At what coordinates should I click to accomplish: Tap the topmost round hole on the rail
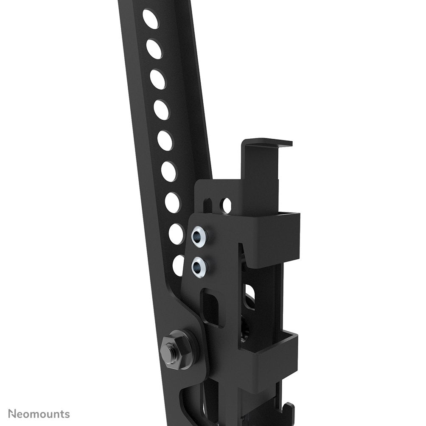[150, 19]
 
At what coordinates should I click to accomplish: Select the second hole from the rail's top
[154, 49]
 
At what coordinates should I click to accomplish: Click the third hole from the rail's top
[157, 79]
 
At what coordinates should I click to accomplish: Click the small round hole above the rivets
[227, 205]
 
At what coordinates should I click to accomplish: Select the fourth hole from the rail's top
[161, 110]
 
